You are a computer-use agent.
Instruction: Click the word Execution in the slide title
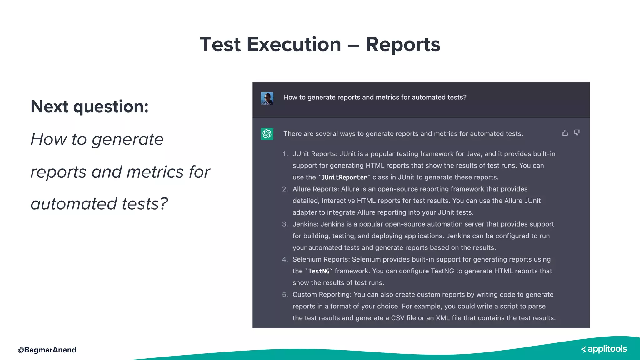294,44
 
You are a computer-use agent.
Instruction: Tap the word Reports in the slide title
403,44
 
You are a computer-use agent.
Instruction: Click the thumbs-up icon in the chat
565,133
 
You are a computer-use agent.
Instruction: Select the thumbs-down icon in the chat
577,133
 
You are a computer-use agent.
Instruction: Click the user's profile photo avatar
267,98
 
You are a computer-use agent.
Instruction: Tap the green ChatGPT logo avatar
267,134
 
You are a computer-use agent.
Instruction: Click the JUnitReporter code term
344,177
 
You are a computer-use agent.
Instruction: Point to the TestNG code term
319,271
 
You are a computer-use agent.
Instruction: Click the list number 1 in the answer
285,154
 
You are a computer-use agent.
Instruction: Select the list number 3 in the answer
285,224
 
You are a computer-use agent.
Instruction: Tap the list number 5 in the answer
285,295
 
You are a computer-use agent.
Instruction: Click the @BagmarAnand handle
47,350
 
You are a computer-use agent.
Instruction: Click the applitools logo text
607,349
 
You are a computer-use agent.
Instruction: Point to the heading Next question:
90,107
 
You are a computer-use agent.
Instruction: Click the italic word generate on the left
127,139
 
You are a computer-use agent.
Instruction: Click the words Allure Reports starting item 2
315,189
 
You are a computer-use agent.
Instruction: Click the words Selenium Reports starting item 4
321,259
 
